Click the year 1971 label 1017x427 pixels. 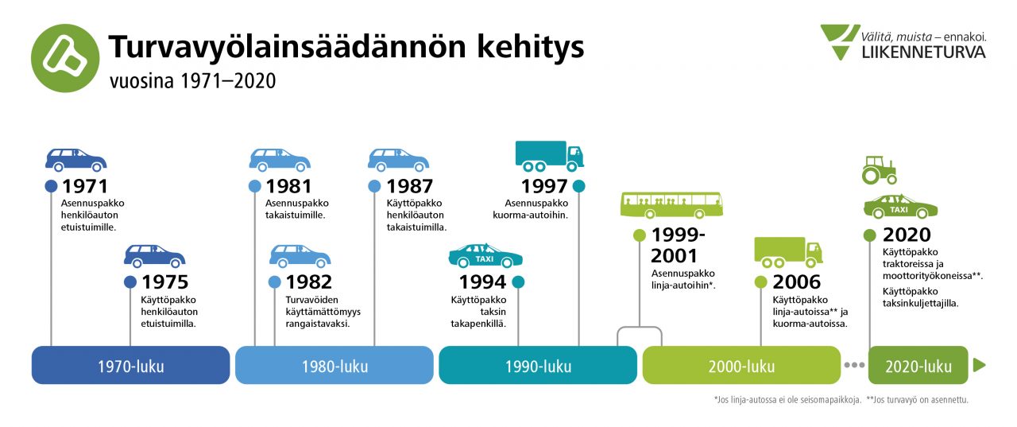coord(85,186)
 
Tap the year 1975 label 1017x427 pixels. coord(164,282)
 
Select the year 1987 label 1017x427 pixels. coord(409,186)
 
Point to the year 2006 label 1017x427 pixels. coord(797,282)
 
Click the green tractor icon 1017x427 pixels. coord(880,170)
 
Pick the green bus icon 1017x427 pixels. coord(671,205)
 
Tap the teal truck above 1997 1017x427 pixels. coord(549,156)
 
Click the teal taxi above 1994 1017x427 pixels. coord(485,255)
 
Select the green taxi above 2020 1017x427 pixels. coord(900,207)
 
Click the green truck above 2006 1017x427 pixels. coord(789,252)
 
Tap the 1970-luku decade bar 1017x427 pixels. coord(131,365)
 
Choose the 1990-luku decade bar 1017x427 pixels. coord(538,365)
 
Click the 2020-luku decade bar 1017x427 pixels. coord(918,365)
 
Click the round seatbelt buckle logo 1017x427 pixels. coord(65,58)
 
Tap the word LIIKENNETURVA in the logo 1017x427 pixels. coord(923,52)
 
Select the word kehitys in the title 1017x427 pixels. coord(530,47)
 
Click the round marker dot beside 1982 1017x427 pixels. coord(274,282)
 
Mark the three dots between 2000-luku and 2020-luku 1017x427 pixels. coord(854,365)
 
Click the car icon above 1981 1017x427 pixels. coord(280,160)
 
